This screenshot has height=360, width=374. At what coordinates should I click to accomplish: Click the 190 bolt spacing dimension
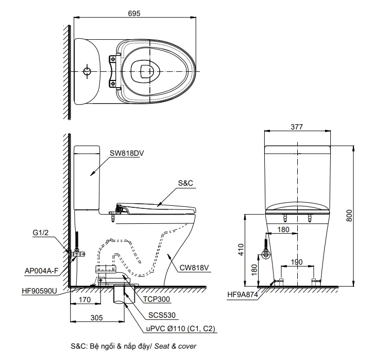coord(297,261)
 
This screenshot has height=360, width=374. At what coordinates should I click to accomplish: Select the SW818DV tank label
coord(126,153)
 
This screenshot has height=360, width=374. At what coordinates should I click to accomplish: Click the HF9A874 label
coord(242,295)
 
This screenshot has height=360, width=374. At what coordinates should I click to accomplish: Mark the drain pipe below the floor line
coord(123,297)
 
